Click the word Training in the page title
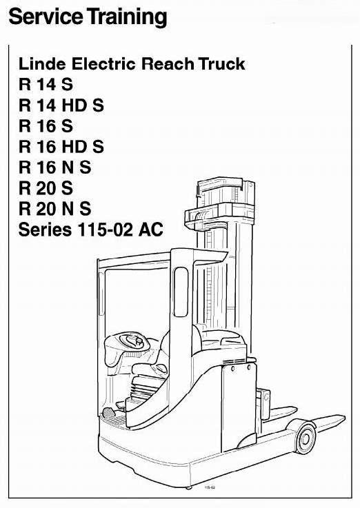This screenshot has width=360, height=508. point(127,17)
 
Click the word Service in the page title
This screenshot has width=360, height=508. point(47,17)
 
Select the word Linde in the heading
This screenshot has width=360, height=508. point(42,63)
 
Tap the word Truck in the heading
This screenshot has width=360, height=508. point(222,63)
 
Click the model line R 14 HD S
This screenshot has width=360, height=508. point(61,105)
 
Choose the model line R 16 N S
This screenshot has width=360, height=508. point(54,167)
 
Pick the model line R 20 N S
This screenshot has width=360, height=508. point(54,209)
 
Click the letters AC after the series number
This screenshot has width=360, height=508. point(150,230)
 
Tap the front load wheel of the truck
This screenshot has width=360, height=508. point(306,438)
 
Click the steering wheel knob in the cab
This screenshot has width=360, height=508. point(139,341)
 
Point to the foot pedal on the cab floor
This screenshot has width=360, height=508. point(108,413)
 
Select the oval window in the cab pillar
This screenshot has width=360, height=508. point(181,292)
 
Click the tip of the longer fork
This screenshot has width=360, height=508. point(345,418)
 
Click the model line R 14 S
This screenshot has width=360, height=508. point(46,85)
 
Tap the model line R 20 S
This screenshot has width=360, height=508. point(46,188)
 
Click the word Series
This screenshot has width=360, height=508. point(45,230)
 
